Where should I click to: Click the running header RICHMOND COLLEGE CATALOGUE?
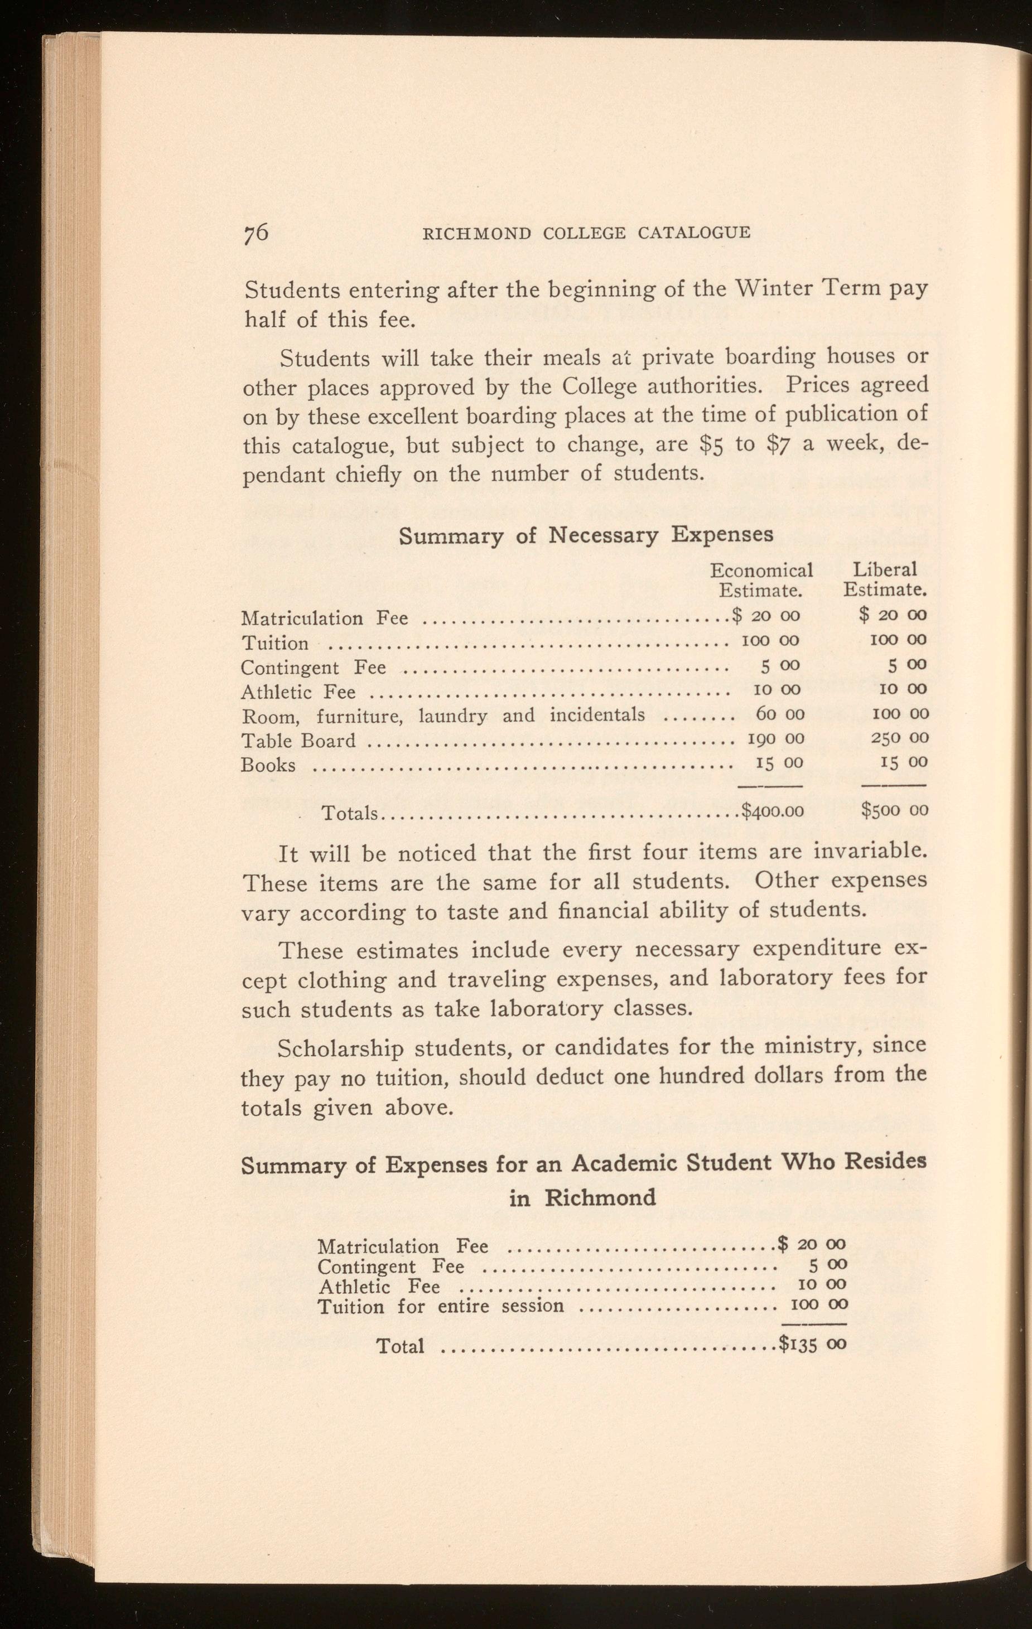click(x=586, y=233)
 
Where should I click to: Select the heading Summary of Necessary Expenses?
click(x=586, y=535)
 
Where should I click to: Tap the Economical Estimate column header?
click(x=761, y=580)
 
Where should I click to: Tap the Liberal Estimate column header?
click(x=885, y=580)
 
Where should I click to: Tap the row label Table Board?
click(x=298, y=741)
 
